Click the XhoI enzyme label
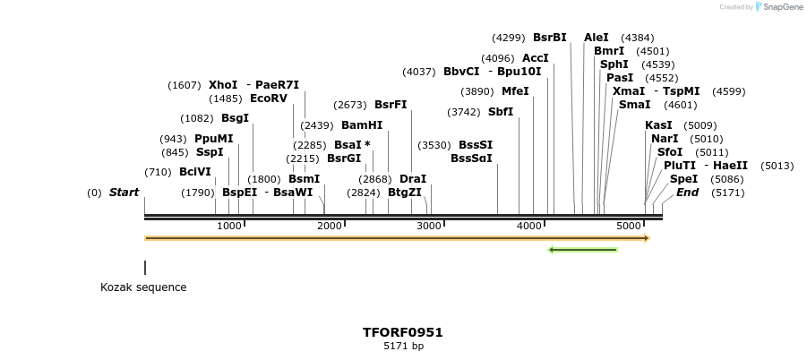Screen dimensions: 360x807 click(223, 85)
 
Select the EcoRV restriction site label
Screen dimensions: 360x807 click(269, 99)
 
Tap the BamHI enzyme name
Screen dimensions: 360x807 click(362, 125)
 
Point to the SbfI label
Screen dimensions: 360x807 click(501, 112)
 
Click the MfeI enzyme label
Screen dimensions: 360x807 click(515, 91)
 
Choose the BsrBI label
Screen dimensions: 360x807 click(550, 38)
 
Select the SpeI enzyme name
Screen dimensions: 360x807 click(683, 179)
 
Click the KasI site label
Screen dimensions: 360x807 click(658, 125)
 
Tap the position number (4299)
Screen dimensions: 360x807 click(509, 38)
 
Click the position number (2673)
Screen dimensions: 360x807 click(350, 105)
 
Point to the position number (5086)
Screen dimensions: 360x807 click(726, 179)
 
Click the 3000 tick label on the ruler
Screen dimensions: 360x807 click(429, 226)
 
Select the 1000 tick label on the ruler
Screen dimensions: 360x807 click(229, 226)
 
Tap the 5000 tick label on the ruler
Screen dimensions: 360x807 click(630, 226)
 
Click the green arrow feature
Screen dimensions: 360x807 click(582, 249)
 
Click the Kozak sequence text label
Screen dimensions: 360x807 click(143, 287)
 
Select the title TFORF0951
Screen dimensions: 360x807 click(403, 332)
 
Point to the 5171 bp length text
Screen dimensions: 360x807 click(403, 346)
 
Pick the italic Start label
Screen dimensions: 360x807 click(124, 193)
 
